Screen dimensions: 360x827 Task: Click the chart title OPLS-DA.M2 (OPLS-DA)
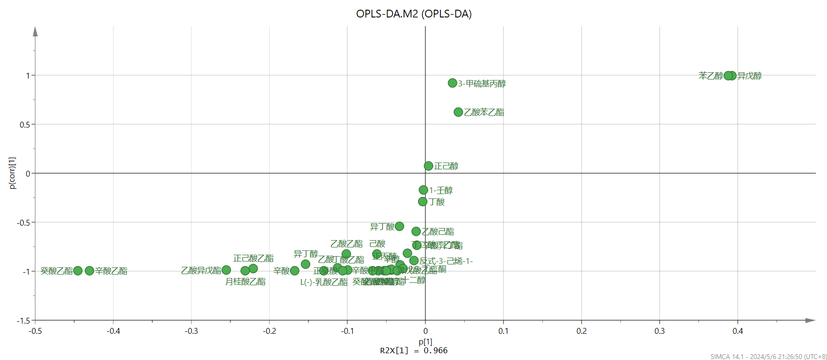coord(414,14)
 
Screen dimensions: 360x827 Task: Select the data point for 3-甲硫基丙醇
coord(453,83)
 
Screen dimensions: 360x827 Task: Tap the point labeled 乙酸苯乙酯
coord(458,112)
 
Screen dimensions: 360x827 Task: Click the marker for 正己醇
coord(428,166)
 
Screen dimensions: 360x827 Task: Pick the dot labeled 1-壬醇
coord(423,190)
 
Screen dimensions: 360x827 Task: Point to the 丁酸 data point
coord(422,201)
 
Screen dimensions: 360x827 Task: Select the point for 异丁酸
coord(399,226)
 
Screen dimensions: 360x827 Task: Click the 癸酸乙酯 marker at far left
coord(78,271)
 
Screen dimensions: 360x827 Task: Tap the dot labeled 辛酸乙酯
coord(89,271)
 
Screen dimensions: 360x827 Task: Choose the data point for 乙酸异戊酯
coord(226,270)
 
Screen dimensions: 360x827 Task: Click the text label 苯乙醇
coord(711,76)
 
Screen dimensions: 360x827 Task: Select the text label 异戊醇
coord(750,76)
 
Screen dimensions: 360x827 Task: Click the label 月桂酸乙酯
coord(245,281)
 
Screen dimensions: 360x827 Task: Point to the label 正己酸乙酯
coord(253,258)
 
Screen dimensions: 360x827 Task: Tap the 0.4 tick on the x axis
coord(738,331)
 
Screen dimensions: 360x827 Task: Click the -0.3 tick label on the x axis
coord(191,331)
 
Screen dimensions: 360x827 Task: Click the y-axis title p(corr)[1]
coord(13,173)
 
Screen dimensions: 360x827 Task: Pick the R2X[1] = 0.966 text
coord(414,350)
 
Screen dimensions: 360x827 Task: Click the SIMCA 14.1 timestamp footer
coord(768,357)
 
